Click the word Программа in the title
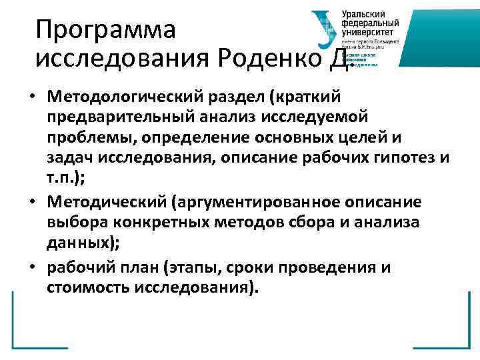pos(105,29)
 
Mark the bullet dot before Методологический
pos(32,97)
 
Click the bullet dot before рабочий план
pos(32,267)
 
